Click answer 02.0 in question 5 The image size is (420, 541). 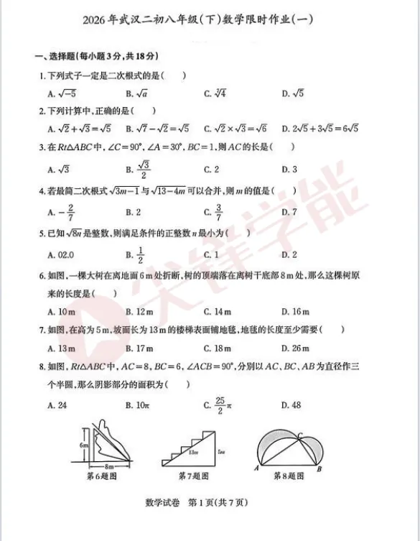coord(61,254)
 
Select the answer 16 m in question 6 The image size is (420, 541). coord(295,311)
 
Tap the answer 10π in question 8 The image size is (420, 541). coord(139,405)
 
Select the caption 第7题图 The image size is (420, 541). coord(193,476)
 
